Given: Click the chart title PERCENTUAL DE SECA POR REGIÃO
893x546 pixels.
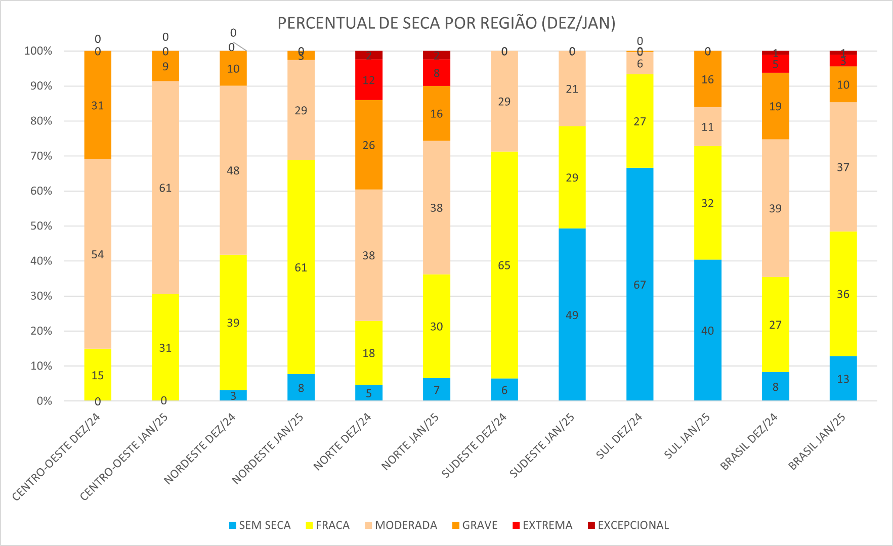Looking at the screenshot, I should pyautogui.click(x=446, y=23).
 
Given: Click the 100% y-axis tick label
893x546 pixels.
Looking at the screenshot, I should pyautogui.click(x=38, y=51).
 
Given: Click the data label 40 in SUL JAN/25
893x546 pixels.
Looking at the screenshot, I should pyautogui.click(x=707, y=331).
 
